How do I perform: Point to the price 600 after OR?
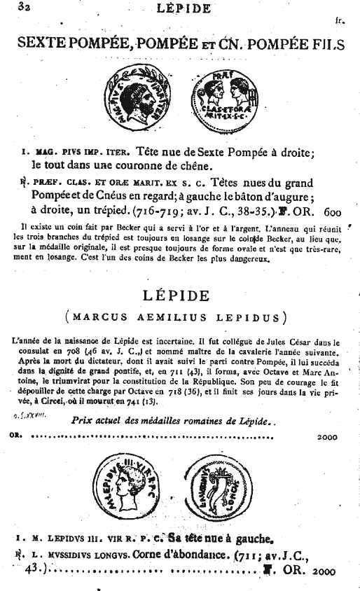coord(334,210)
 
